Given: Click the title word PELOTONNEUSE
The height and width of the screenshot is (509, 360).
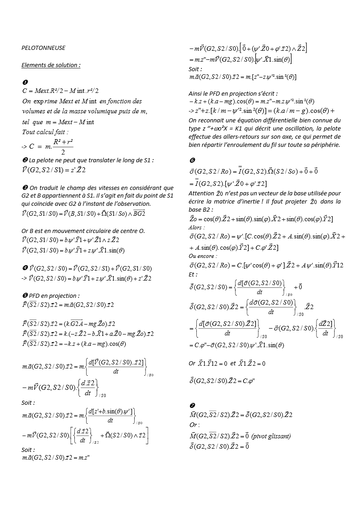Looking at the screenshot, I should point(44,48).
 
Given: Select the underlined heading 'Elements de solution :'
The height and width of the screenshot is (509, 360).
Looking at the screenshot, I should point(51,65).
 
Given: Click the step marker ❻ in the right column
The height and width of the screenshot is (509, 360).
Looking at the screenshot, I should point(191,161).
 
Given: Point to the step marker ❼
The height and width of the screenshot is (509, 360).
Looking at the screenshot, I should point(191,405).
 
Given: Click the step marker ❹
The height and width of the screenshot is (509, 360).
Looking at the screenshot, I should point(24,269).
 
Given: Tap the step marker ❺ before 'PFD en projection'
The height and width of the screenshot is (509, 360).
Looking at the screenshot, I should point(24,296).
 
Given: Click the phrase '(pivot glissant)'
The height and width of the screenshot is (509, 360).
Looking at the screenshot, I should point(271,436).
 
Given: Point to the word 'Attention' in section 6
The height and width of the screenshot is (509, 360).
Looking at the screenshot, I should point(201,193).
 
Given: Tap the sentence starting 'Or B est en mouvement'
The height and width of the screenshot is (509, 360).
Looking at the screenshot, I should point(83,231).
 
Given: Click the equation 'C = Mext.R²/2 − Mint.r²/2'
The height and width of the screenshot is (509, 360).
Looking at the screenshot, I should point(60,91).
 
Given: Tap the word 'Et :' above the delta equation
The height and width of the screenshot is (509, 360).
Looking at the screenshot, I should point(193,274).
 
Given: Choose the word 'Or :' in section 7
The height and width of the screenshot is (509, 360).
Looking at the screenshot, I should point(194,425).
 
